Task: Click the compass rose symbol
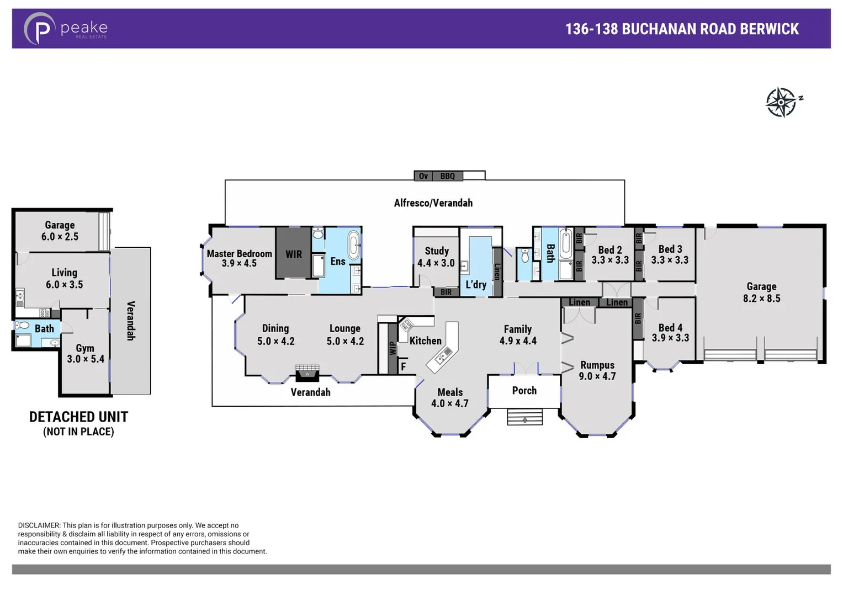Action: tap(782, 102)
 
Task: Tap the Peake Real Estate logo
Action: tap(65, 29)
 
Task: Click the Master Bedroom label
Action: tap(239, 258)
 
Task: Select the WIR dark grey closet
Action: tap(293, 254)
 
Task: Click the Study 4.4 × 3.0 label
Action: tap(436, 257)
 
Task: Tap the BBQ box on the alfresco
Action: tap(447, 176)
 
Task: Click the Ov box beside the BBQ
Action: tap(423, 176)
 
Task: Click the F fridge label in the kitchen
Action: tap(403, 366)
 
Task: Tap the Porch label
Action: tap(524, 390)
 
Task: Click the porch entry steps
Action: tap(524, 417)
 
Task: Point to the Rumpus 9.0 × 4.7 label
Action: tap(597, 370)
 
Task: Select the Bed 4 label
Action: tap(670, 332)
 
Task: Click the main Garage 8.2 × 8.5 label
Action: tap(761, 292)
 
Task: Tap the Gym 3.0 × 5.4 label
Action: tap(85, 353)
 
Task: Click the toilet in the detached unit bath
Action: tap(22, 326)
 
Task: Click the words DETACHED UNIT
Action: tap(78, 417)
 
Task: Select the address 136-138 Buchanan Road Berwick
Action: tap(681, 29)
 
